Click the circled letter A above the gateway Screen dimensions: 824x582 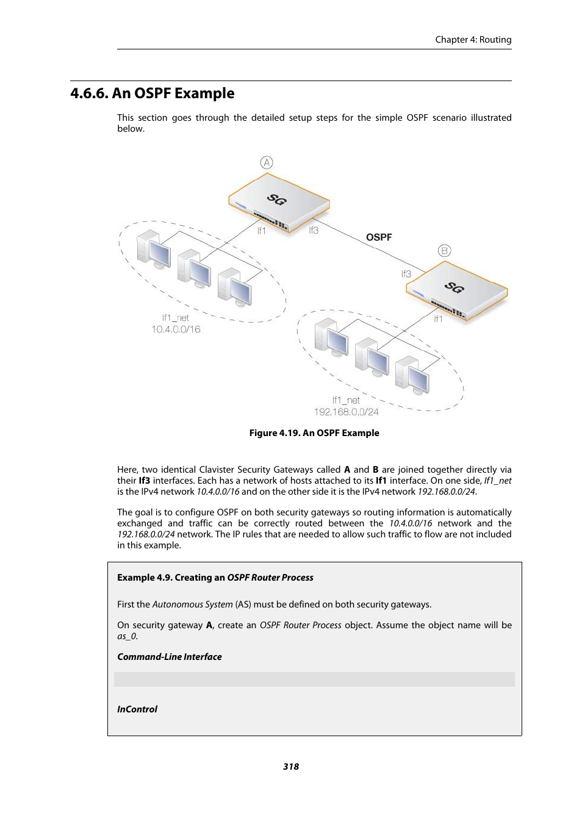[267, 162]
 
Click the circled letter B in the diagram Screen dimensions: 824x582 [444, 251]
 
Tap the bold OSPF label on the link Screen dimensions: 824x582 [379, 237]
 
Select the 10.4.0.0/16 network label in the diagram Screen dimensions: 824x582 [176, 329]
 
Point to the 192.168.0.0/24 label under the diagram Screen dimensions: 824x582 [346, 412]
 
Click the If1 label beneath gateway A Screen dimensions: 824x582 [261, 231]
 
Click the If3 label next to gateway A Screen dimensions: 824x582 [314, 230]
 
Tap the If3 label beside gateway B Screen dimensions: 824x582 [406, 274]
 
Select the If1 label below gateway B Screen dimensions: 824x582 [438, 318]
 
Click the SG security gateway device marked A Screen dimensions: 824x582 [279, 203]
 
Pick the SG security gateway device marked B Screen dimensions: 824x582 [456, 290]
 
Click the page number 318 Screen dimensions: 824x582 [291, 767]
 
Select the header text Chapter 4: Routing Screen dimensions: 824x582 [473, 40]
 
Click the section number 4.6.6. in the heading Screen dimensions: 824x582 [89, 93]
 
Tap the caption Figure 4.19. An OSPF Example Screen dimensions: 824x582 [314, 433]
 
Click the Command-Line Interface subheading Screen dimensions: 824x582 [170, 657]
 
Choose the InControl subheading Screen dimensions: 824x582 [137, 709]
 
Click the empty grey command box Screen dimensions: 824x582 [314, 679]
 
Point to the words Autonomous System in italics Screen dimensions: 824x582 [192, 604]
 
